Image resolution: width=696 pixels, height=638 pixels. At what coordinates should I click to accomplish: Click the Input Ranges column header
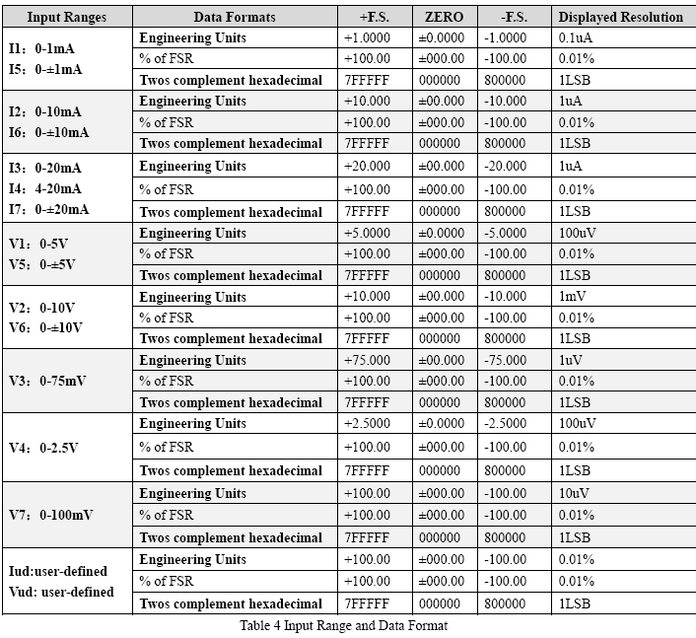[x=66, y=17]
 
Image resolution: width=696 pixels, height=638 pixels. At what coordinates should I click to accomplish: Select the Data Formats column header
[x=235, y=17]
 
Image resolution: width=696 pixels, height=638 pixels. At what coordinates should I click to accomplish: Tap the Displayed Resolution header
[x=620, y=17]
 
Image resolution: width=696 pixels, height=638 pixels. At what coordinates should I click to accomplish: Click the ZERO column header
[x=443, y=17]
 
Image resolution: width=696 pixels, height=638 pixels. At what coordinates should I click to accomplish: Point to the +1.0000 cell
[x=367, y=37]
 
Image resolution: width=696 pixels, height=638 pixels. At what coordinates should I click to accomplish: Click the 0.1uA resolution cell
[x=577, y=37]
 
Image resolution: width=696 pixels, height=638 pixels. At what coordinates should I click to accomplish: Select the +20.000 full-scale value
[x=367, y=166]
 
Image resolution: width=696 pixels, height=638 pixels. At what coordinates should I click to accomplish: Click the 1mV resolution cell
[x=573, y=297]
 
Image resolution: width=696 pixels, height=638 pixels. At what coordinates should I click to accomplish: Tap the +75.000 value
[x=367, y=360]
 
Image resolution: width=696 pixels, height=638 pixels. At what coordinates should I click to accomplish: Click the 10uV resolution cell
[x=575, y=493]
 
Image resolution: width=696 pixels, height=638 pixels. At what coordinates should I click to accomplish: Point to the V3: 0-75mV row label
[x=47, y=381]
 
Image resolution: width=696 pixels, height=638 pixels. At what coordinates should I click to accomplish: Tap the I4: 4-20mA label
[x=45, y=188]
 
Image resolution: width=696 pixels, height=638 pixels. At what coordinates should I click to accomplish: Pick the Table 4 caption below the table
[x=343, y=625]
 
